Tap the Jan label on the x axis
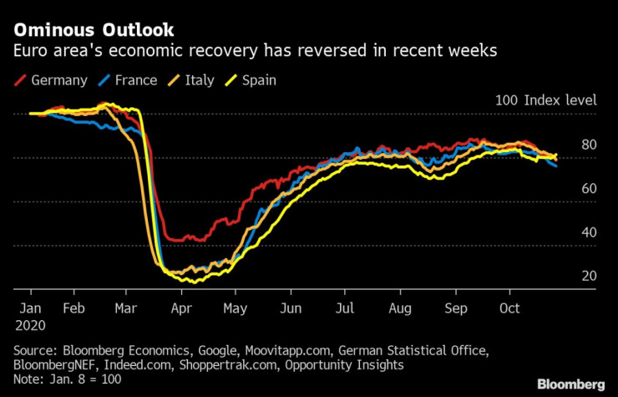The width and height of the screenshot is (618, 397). point(30,308)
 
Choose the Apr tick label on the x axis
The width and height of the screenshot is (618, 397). point(183,308)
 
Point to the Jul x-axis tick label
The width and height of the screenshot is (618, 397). point(344,308)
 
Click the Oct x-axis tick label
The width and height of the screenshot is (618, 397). point(509,308)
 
